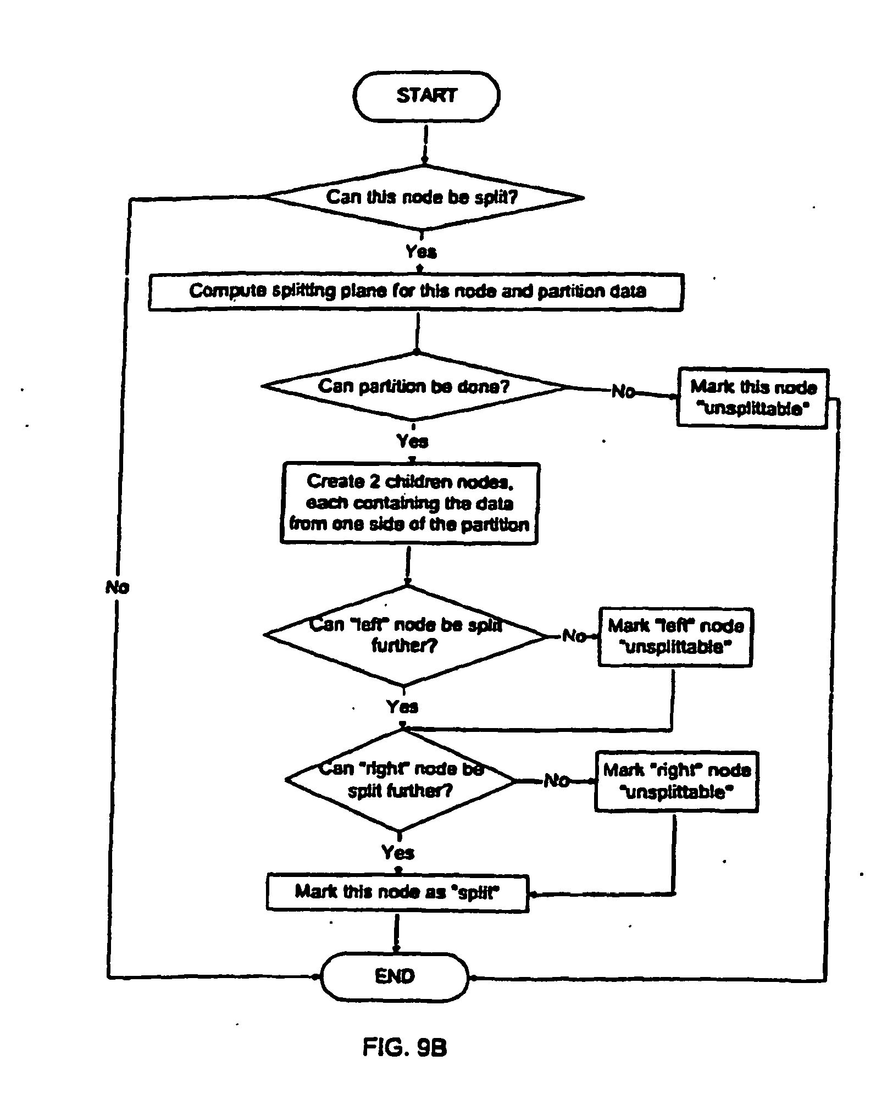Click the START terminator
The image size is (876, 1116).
tap(426, 96)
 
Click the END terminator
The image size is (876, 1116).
tap(394, 976)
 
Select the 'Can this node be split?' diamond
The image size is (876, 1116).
tap(422, 197)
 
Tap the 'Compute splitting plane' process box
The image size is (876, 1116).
tap(416, 291)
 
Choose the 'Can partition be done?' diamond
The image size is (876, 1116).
tap(413, 386)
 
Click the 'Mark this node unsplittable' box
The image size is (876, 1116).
tap(752, 398)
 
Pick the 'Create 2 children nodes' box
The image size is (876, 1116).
tap(409, 503)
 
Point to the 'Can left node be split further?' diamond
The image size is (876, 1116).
tap(404, 635)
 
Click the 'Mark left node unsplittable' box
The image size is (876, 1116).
tap(675, 637)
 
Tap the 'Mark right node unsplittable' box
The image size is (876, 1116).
tap(677, 781)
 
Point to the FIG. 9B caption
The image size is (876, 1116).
tap(404, 1048)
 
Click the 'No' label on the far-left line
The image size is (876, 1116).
tap(117, 587)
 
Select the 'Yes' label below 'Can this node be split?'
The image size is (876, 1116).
tap(421, 252)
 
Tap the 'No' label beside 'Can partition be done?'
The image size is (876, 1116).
tap(623, 391)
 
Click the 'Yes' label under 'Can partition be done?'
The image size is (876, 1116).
tap(412, 441)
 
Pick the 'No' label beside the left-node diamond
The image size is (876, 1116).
tap(574, 636)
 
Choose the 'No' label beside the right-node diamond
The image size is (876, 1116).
tap(556, 780)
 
